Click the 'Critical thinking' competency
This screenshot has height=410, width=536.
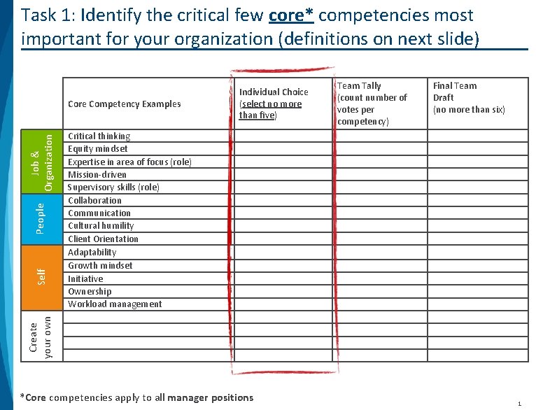[x=99, y=136]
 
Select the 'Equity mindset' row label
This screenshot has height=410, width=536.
[x=97, y=148]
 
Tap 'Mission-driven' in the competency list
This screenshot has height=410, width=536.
[x=97, y=174]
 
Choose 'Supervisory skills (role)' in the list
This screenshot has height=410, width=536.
[x=113, y=187]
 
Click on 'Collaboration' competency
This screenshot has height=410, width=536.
[x=94, y=200]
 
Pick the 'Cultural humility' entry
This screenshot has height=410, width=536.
[x=101, y=225]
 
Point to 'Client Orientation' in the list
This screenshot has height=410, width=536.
[x=103, y=239]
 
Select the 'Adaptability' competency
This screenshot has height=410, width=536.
[x=92, y=252]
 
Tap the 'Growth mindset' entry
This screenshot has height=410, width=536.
[x=100, y=265]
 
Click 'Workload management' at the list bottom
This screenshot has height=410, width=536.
[x=115, y=304]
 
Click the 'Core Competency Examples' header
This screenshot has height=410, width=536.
[x=124, y=104]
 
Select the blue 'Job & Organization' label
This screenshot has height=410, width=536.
[x=43, y=162]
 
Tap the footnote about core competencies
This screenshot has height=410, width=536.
[x=137, y=397]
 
